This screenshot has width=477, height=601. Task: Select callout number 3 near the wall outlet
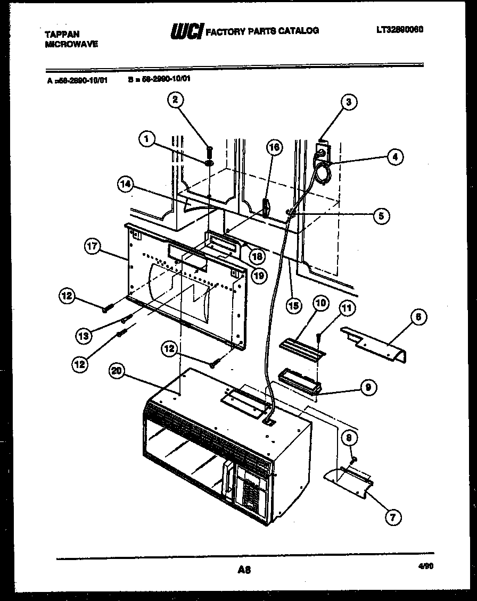coord(348,103)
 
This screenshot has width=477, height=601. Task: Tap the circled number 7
coord(392,516)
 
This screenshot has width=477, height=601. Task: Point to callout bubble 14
coord(126,185)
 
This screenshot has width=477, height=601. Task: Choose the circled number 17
coord(93,246)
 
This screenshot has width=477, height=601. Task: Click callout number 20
coord(117,371)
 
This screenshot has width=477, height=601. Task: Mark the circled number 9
coord(367,388)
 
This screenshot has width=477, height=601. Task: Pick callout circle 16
coord(274,148)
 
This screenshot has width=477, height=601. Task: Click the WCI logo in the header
coord(186,31)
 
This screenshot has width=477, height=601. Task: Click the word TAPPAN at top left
coord(62,34)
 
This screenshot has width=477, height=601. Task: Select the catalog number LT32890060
coord(399,30)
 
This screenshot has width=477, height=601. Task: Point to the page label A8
coord(244,570)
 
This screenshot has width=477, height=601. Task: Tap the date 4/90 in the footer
coord(426,567)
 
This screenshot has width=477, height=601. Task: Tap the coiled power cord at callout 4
coord(322,172)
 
